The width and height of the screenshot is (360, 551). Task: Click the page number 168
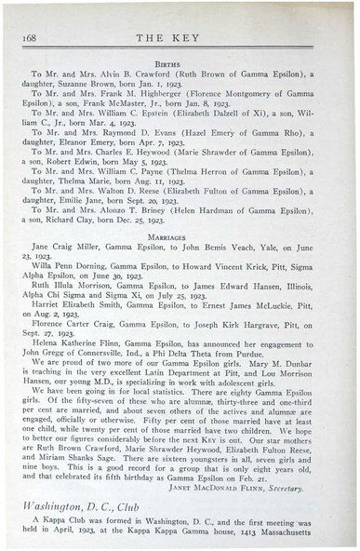24,35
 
